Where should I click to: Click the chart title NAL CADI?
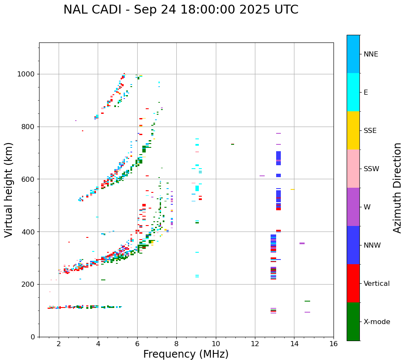coord(181,10)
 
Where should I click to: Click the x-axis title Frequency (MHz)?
coord(186,354)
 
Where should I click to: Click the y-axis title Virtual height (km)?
coord(9,190)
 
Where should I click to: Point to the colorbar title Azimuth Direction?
coord(397,188)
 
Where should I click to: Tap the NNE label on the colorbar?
coord(370,54)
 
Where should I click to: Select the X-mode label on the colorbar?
coord(376,322)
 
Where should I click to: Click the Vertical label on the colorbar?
coord(376,284)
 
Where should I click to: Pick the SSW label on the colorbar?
coord(371,169)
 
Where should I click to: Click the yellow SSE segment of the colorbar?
coord(353,130)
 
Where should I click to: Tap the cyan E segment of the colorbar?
coord(353,92)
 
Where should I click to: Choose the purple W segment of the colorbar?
coord(353,207)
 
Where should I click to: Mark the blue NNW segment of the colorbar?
coord(353,245)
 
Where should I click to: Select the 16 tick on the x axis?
coord(334,343)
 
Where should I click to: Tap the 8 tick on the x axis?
coord(176,343)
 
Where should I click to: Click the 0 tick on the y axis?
coord(33,337)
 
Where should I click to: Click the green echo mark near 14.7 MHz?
coord(307,301)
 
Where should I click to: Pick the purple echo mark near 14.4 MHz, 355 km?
coord(302,243)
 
